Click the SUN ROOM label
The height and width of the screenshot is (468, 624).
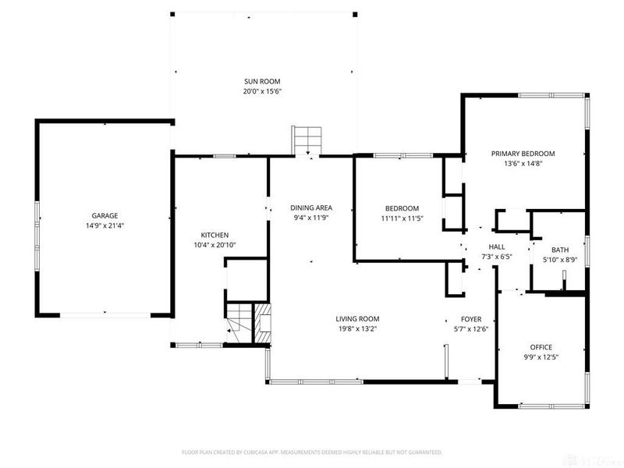pyautogui.click(x=261, y=81)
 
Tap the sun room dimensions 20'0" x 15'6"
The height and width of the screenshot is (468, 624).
pyautogui.click(x=261, y=91)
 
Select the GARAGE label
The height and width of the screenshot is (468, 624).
pyautogui.click(x=105, y=215)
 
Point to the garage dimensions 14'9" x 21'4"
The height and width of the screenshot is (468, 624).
pyautogui.click(x=105, y=225)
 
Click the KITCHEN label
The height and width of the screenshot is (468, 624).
pyautogui.click(x=214, y=235)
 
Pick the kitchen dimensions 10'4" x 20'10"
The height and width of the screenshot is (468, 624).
pyautogui.click(x=214, y=245)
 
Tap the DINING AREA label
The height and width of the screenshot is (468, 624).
pyautogui.click(x=311, y=207)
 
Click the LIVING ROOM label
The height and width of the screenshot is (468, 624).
pyautogui.click(x=357, y=318)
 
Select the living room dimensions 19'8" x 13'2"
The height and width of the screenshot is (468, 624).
pyautogui.click(x=357, y=328)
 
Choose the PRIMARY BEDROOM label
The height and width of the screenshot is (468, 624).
pyautogui.click(x=523, y=154)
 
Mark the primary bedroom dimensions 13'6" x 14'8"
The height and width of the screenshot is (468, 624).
pyautogui.click(x=523, y=164)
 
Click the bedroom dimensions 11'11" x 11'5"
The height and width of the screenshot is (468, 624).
pyautogui.click(x=402, y=218)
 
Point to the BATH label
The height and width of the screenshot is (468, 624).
pyautogui.click(x=560, y=250)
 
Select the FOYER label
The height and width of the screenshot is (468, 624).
pyautogui.click(x=470, y=319)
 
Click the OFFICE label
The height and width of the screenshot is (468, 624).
pyautogui.click(x=541, y=346)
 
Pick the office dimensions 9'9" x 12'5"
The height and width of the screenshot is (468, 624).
pyautogui.click(x=541, y=356)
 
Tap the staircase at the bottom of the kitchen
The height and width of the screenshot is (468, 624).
pyautogui.click(x=240, y=321)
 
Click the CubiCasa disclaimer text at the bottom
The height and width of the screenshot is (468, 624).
pyautogui.click(x=312, y=452)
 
